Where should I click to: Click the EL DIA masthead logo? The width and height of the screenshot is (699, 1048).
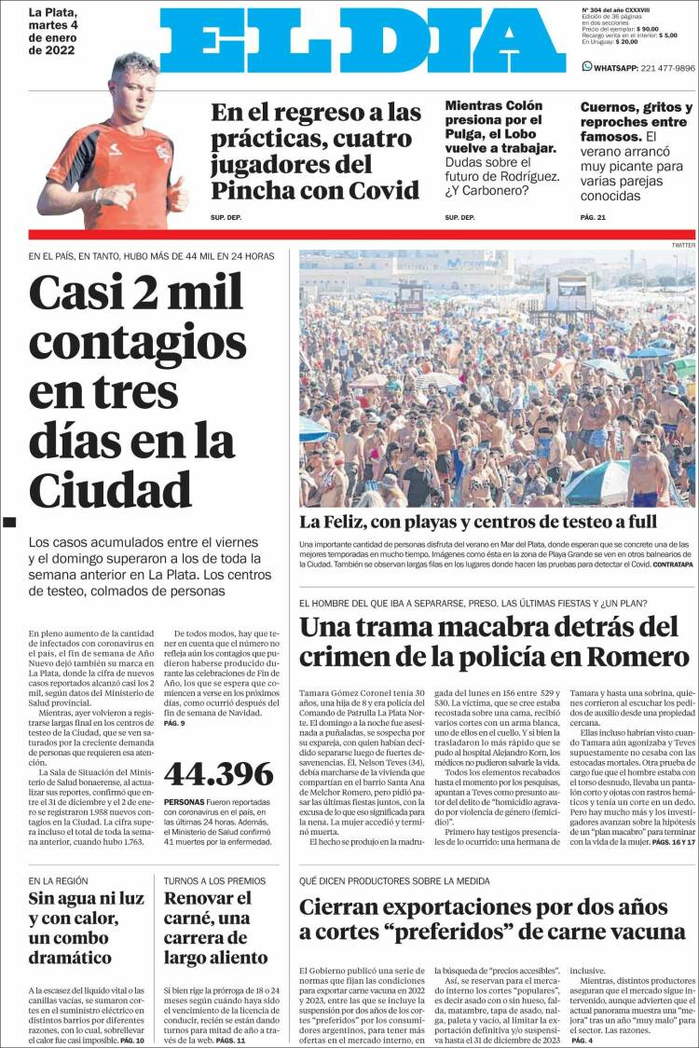[363, 41]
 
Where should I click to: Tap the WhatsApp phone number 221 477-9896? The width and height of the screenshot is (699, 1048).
[651, 68]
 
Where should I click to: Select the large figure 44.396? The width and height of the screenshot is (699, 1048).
[218, 773]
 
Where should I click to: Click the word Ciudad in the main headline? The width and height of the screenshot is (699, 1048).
[110, 489]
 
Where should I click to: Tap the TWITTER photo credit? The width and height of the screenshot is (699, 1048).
[682, 245]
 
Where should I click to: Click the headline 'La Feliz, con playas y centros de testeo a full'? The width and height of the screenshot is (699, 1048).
[478, 522]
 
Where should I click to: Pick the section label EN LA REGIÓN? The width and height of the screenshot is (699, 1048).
[58, 880]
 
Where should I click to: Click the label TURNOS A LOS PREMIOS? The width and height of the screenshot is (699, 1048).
[214, 880]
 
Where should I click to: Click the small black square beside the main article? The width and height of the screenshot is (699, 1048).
[10, 522]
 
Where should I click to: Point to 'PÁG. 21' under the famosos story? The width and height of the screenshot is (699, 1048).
[593, 218]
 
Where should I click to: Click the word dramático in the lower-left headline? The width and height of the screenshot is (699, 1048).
[70, 958]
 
